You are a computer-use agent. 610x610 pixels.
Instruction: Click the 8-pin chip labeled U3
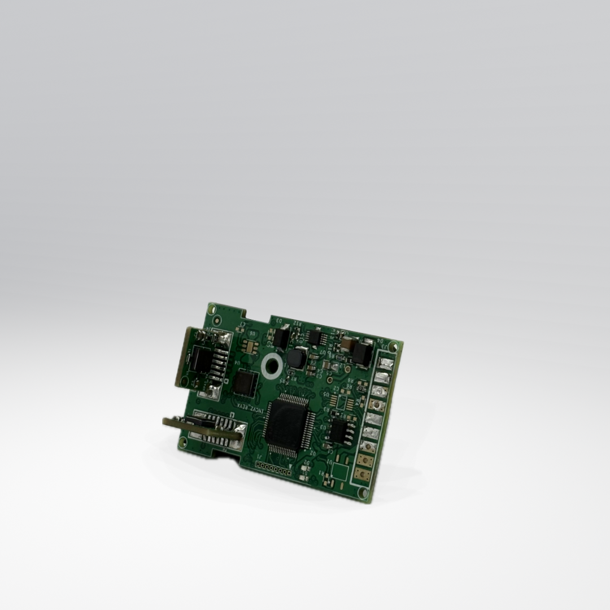[341, 432]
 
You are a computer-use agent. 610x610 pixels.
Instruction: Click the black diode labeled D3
[281, 337]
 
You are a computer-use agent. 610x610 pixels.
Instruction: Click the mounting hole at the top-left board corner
[212, 309]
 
